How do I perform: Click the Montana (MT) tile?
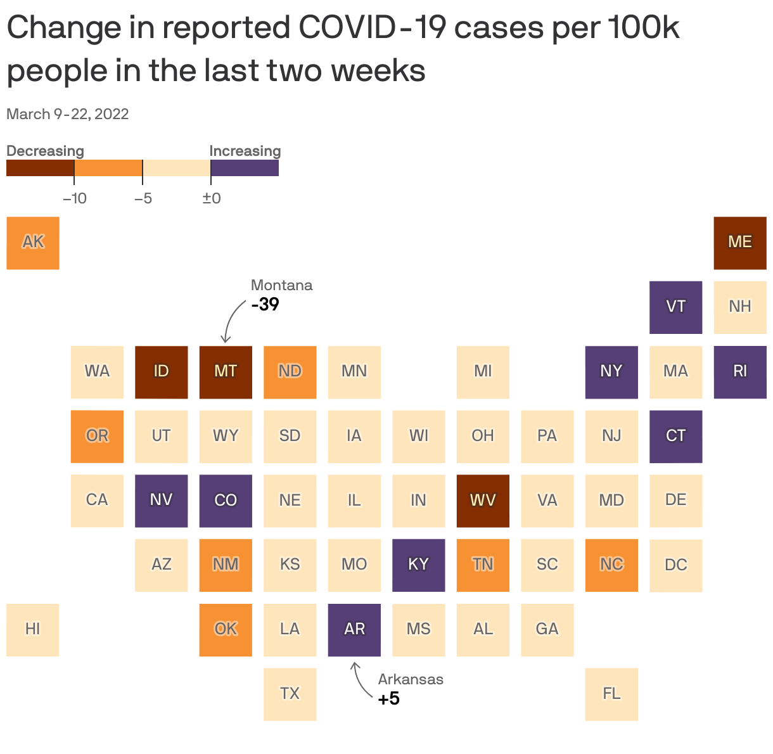pos(226,372)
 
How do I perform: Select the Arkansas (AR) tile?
pos(354,629)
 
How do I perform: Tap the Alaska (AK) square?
pos(33,243)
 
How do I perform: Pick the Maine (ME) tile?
pos(739,243)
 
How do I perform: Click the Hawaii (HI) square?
pos(33,629)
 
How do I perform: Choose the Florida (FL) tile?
pos(611,694)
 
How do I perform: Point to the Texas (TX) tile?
pos(290,694)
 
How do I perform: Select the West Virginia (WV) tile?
pos(483,501)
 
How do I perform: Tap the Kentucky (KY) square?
pos(418,565)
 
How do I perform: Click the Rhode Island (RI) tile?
pos(739,372)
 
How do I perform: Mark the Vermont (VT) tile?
pos(675,307)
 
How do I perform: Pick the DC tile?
pos(675,565)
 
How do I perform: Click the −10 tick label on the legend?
pos(74,198)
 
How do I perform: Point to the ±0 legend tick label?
pos(211,198)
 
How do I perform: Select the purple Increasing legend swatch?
pos(245,168)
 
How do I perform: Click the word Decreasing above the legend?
pos(45,151)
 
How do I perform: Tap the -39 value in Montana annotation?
pos(265,305)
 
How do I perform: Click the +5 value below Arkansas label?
pos(388,699)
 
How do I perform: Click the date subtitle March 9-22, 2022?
pos(68,114)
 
